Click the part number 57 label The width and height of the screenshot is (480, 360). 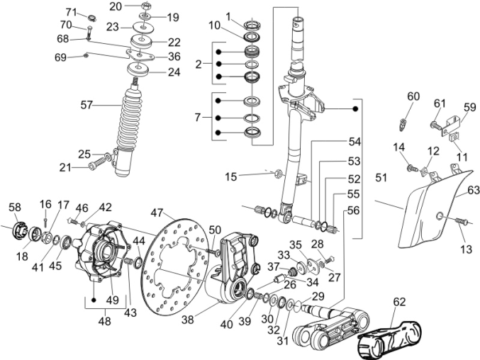[86, 106]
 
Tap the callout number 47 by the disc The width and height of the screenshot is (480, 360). [157, 212]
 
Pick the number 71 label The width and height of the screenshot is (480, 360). [71, 13]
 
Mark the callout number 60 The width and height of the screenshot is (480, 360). [413, 96]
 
